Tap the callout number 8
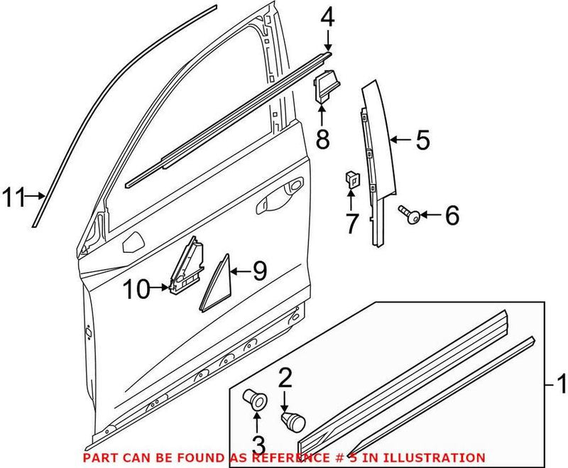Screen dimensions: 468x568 (322, 140)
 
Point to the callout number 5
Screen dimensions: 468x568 (422, 140)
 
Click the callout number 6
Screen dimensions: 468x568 (451, 214)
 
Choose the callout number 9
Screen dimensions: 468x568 (259, 270)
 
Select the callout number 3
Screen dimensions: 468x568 (258, 445)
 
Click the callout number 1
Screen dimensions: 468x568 (560, 386)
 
